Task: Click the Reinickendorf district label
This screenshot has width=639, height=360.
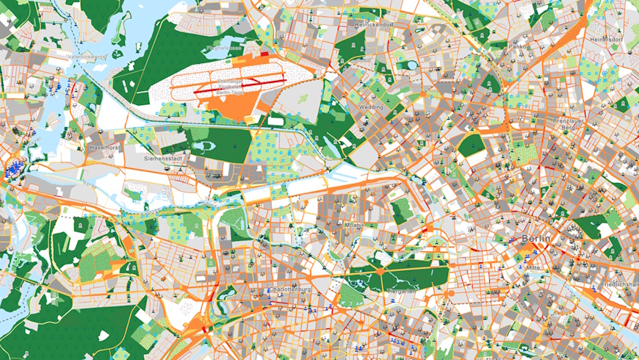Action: [375, 25]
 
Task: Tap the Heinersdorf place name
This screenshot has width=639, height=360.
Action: [607, 38]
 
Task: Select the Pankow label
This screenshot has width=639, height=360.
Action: [519, 47]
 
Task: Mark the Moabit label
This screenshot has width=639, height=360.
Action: [355, 224]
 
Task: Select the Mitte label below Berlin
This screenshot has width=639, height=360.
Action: [534, 268]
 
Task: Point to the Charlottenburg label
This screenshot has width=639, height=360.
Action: [291, 290]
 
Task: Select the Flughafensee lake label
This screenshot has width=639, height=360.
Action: [224, 48]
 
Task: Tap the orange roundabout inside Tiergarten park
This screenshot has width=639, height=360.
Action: [381, 273]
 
